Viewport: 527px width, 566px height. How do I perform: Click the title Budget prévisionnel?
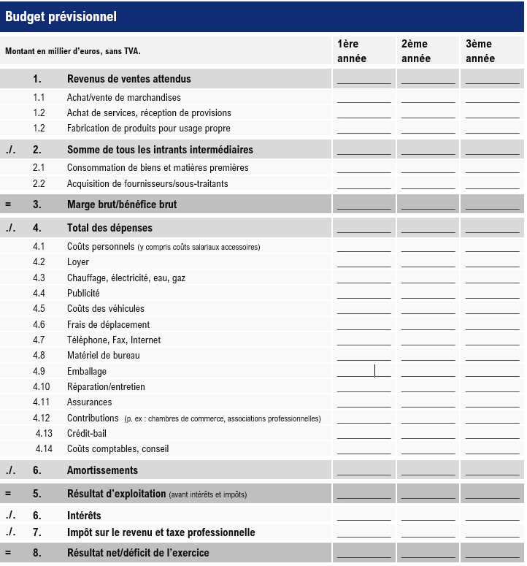pyautogui.click(x=61, y=17)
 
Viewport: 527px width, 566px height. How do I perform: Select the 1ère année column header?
pyautogui.click(x=352, y=51)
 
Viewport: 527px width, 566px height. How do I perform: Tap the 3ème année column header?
pyautogui.click(x=480, y=51)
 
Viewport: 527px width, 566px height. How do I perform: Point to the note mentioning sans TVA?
pyautogui.click(x=73, y=52)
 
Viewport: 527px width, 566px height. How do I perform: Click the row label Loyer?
pyautogui.click(x=78, y=262)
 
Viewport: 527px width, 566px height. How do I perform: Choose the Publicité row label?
pyautogui.click(x=83, y=294)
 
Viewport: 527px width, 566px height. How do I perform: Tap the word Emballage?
pyautogui.click(x=87, y=371)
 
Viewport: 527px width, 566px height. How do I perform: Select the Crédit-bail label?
pyautogui.click(x=87, y=433)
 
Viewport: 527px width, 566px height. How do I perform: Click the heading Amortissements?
pyautogui.click(x=102, y=470)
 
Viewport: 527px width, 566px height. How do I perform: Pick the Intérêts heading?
pyautogui.click(x=84, y=516)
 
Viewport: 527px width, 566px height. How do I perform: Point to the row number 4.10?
pyautogui.click(x=42, y=386)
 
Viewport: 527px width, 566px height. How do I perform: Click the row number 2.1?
pyautogui.click(x=39, y=168)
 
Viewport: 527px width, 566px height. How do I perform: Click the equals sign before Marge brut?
pyautogui.click(x=8, y=204)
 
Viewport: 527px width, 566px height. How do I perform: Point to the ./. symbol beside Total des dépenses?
pyautogui.click(x=10, y=228)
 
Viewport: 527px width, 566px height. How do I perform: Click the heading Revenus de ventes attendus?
pyautogui.click(x=129, y=79)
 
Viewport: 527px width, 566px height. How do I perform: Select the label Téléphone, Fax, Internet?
pyautogui.click(x=114, y=340)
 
